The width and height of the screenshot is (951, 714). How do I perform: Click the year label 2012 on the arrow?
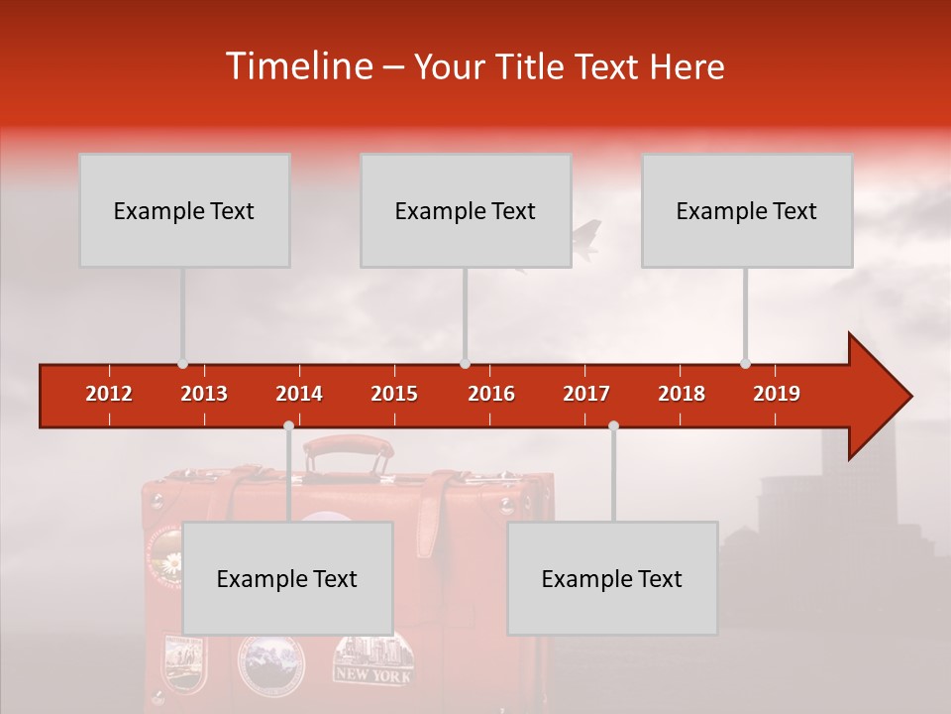pyautogui.click(x=109, y=394)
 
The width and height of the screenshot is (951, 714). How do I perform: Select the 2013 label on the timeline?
pyautogui.click(x=204, y=394)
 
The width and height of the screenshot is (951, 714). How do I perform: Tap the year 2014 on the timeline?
pyautogui.click(x=299, y=394)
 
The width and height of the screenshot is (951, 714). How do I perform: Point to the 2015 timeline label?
pyautogui.click(x=394, y=394)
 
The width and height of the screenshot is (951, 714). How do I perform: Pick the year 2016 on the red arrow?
pyautogui.click(x=491, y=394)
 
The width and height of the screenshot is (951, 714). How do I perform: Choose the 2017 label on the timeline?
pyautogui.click(x=586, y=394)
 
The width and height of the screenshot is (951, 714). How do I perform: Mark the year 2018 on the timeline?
pyautogui.click(x=682, y=394)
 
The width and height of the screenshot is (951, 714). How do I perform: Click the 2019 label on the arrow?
pyautogui.click(x=777, y=394)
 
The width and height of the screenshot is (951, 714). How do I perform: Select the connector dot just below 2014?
pyautogui.click(x=288, y=425)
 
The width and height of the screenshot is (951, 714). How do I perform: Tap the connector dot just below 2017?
pyautogui.click(x=613, y=425)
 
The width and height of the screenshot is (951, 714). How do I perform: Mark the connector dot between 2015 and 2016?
pyautogui.click(x=465, y=363)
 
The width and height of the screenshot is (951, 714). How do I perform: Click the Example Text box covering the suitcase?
pyautogui.click(x=287, y=578)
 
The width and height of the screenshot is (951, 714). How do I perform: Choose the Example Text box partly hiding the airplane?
pyautogui.click(x=466, y=210)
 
